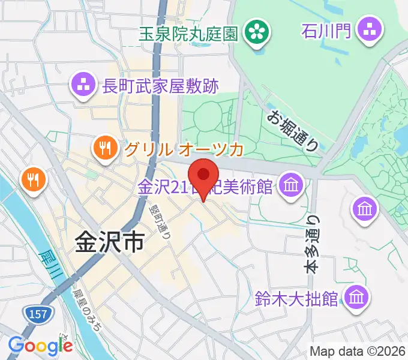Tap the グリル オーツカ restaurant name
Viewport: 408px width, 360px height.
[x=184, y=148]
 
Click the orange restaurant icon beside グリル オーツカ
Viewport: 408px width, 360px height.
[x=104, y=148]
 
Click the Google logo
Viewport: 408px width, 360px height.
[x=40, y=345]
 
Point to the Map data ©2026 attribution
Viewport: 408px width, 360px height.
[x=358, y=351]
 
